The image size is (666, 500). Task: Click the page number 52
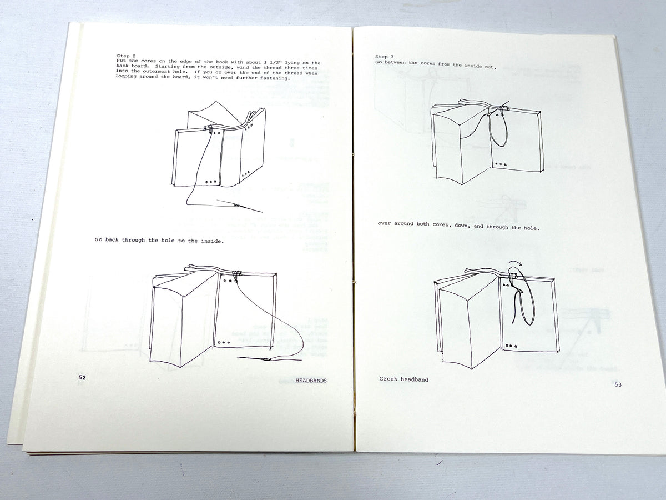[x=82, y=377]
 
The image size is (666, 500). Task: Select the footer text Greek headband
[x=403, y=379]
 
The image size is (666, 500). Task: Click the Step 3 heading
[x=384, y=57]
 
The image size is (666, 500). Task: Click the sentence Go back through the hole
[x=159, y=239]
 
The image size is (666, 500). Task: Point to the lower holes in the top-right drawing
[x=502, y=164]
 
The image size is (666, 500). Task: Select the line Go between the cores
[x=435, y=64]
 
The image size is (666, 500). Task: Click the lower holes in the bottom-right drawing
[x=511, y=346]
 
